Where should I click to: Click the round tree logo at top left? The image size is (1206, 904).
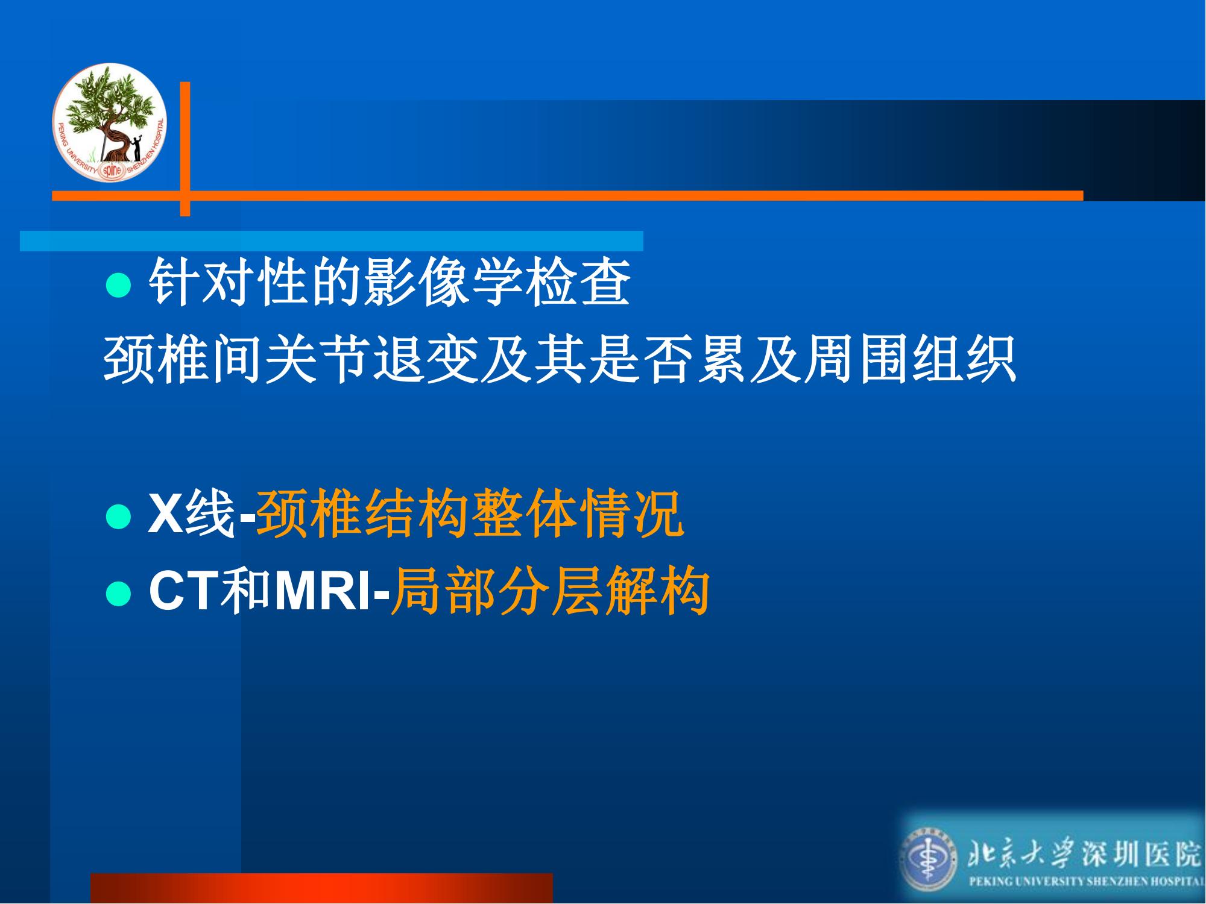[109, 122]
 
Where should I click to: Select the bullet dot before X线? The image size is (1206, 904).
[118, 516]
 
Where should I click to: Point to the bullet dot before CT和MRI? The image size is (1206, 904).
[118, 594]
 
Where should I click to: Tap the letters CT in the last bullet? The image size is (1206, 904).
[184, 593]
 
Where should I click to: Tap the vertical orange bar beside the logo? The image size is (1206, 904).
[185, 149]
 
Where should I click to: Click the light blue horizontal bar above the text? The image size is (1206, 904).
[332, 240]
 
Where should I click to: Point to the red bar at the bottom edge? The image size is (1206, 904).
[321, 888]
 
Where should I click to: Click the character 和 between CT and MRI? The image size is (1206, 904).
[247, 593]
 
